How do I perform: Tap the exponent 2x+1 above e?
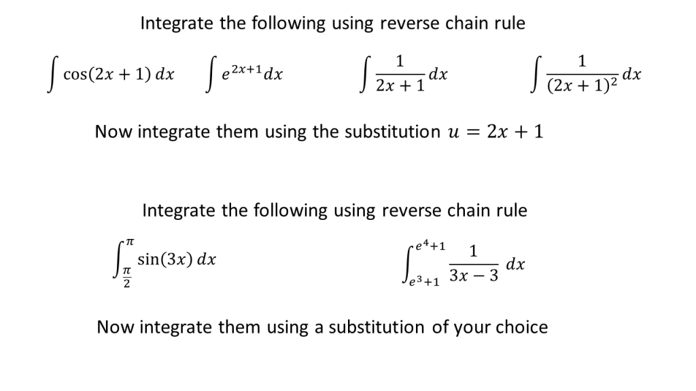click(x=246, y=69)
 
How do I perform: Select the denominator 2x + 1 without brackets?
click(x=400, y=85)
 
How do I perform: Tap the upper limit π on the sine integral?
click(x=128, y=242)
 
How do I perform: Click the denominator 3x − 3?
click(x=474, y=276)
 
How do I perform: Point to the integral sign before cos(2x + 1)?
click(x=52, y=75)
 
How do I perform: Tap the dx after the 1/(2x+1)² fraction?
click(x=632, y=74)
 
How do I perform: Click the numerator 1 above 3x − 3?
click(x=473, y=251)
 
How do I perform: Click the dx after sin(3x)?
click(x=207, y=259)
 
